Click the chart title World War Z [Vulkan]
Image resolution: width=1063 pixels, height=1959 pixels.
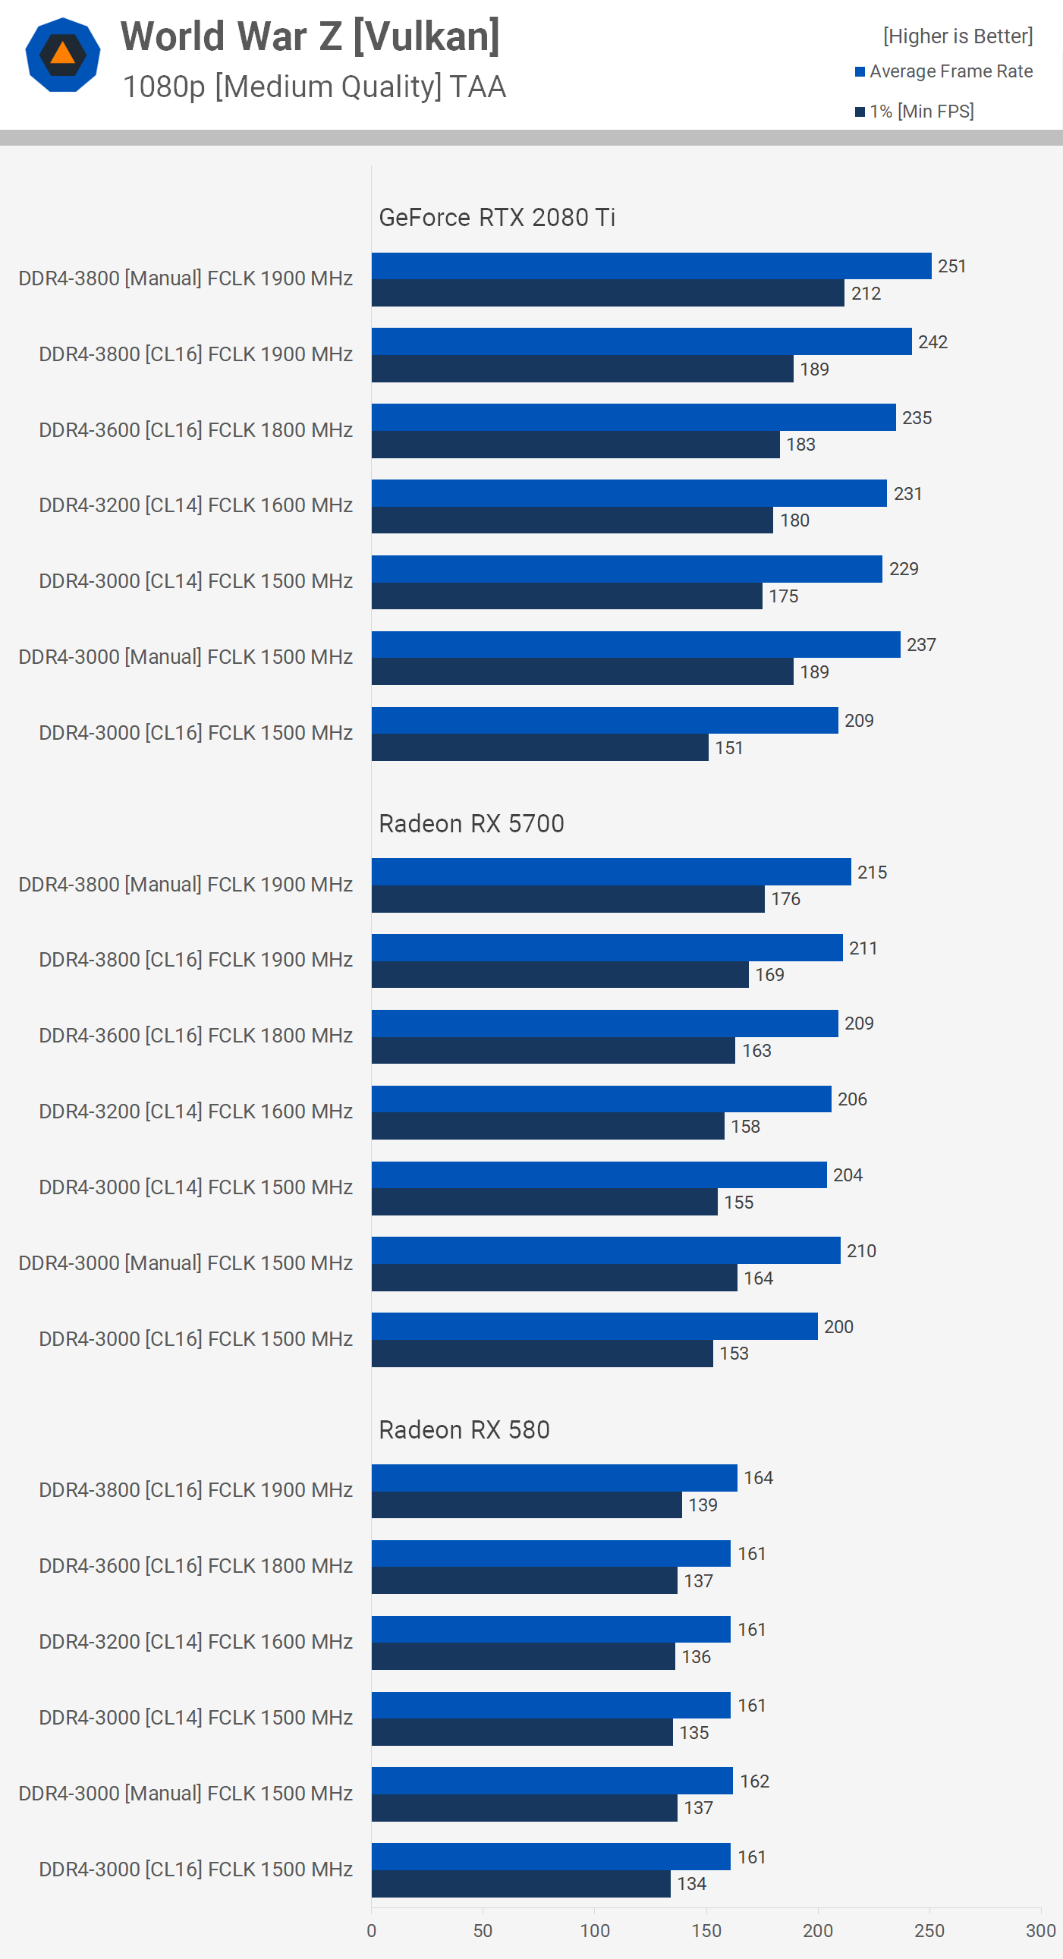[310, 36]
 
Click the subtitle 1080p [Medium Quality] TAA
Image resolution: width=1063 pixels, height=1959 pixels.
[314, 86]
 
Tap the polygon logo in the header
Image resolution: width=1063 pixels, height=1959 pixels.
[62, 55]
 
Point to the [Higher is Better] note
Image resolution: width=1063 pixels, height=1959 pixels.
[958, 36]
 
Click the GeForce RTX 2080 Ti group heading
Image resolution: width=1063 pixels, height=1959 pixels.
[496, 218]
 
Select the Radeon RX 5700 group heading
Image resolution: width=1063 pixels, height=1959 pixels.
[471, 824]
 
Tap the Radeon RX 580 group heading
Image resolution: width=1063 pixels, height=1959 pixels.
[464, 1429]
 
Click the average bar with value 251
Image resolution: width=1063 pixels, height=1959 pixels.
[651, 266]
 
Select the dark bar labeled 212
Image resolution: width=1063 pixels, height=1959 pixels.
[608, 294]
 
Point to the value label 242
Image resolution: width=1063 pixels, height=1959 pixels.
[932, 342]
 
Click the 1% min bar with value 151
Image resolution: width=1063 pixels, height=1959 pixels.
[540, 747]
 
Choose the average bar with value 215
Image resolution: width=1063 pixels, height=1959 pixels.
[611, 872]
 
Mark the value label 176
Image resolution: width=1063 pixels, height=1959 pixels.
[785, 899]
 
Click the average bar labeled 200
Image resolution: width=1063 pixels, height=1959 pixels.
[594, 1326]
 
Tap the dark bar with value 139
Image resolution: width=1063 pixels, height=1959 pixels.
[526, 1505]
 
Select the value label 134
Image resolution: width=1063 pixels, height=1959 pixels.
[692, 1884]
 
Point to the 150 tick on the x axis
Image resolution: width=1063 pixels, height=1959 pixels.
[706, 1930]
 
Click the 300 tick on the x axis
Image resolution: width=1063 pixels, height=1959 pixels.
[1040, 1930]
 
